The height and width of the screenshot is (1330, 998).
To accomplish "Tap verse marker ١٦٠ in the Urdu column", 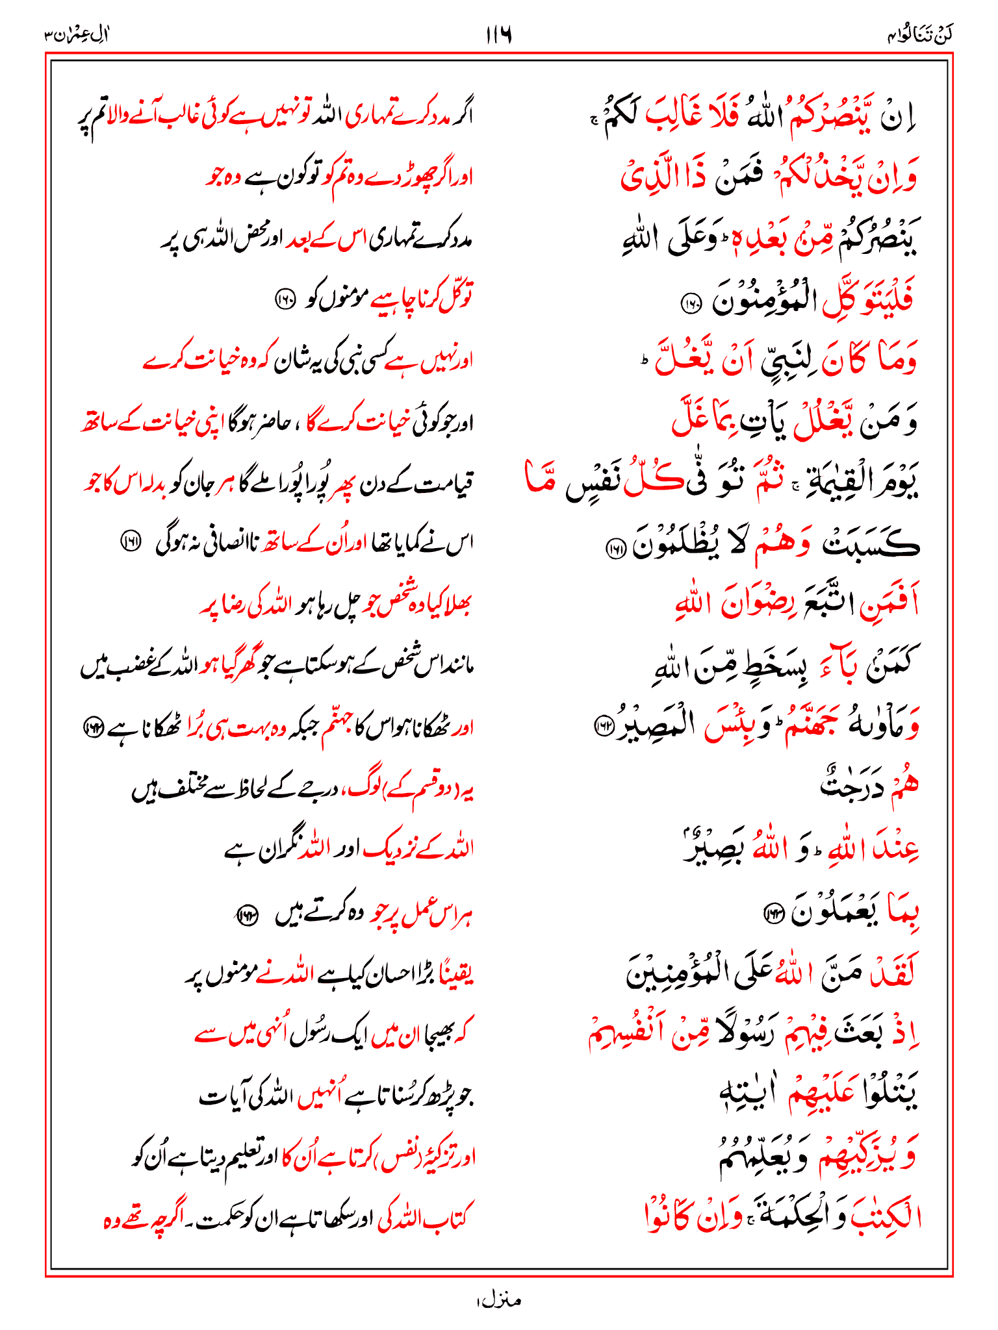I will coord(285,301).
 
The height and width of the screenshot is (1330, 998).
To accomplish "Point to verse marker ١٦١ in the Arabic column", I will coord(613,549).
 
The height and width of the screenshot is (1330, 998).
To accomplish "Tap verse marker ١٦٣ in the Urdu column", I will coord(246,915).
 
